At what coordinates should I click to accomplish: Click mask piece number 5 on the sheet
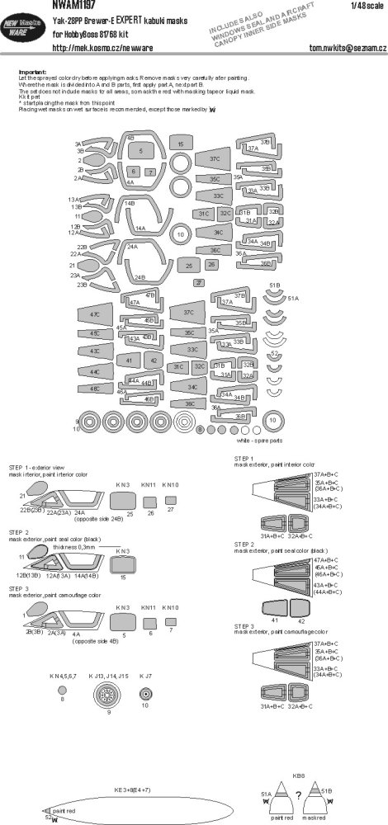coord(141,152)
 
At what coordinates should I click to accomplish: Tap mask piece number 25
coord(188,266)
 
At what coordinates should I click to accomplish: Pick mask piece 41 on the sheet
coord(129,361)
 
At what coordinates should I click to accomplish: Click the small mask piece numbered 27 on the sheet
coord(197,283)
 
